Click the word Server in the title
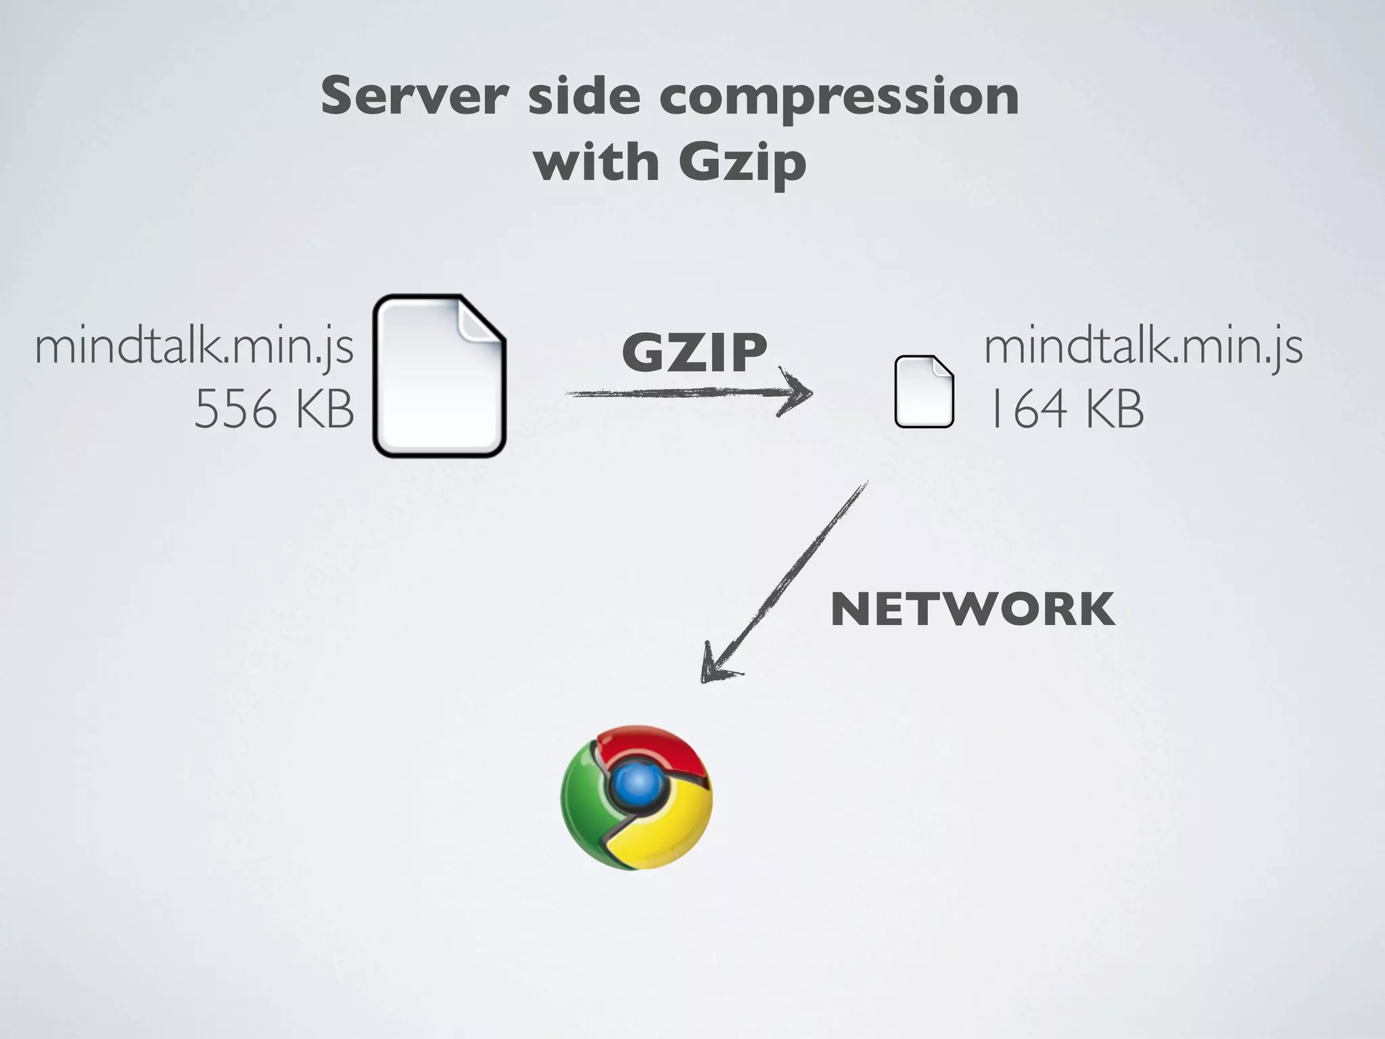coord(414,97)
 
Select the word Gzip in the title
coord(742,164)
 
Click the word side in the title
coord(583,97)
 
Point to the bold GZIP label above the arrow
coord(695,353)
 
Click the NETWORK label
coord(972,609)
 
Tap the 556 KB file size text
coord(274,410)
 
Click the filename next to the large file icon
coord(194,347)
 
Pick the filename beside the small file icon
coord(1143,347)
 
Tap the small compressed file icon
coord(924,392)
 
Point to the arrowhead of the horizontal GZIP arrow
coord(801,392)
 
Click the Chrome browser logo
coord(636,797)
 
